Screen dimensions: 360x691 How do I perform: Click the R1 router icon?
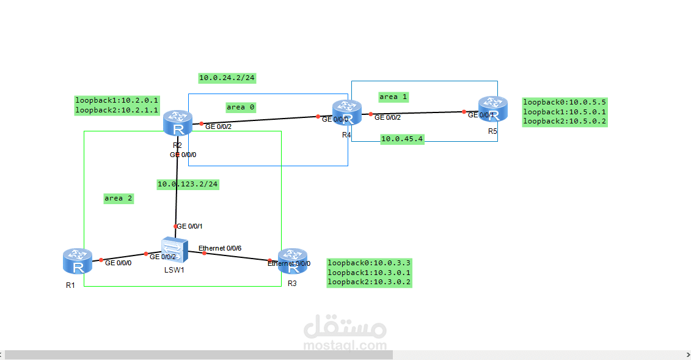[78, 262]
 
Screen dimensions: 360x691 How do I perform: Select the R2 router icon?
[178, 123]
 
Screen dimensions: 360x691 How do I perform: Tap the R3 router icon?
[293, 262]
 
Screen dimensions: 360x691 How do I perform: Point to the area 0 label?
[241, 107]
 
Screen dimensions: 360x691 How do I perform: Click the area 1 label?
[393, 97]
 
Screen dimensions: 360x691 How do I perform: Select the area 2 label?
[119, 198]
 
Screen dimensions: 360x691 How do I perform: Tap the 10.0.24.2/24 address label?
[227, 78]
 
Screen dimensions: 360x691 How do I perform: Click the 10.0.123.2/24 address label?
[188, 184]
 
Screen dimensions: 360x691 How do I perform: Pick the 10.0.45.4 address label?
[402, 139]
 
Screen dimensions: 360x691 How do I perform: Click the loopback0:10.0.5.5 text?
[565, 102]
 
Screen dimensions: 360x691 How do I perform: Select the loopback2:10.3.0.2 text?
[369, 282]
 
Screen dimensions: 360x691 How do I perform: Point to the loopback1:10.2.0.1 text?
[117, 100]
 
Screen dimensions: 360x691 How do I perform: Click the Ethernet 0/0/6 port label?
[220, 248]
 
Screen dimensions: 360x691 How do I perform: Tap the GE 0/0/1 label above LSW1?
[190, 226]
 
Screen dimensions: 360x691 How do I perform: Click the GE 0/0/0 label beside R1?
[119, 263]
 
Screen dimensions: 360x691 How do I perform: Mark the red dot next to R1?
[101, 260]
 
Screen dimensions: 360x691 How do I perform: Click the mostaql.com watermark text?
[345, 345]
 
